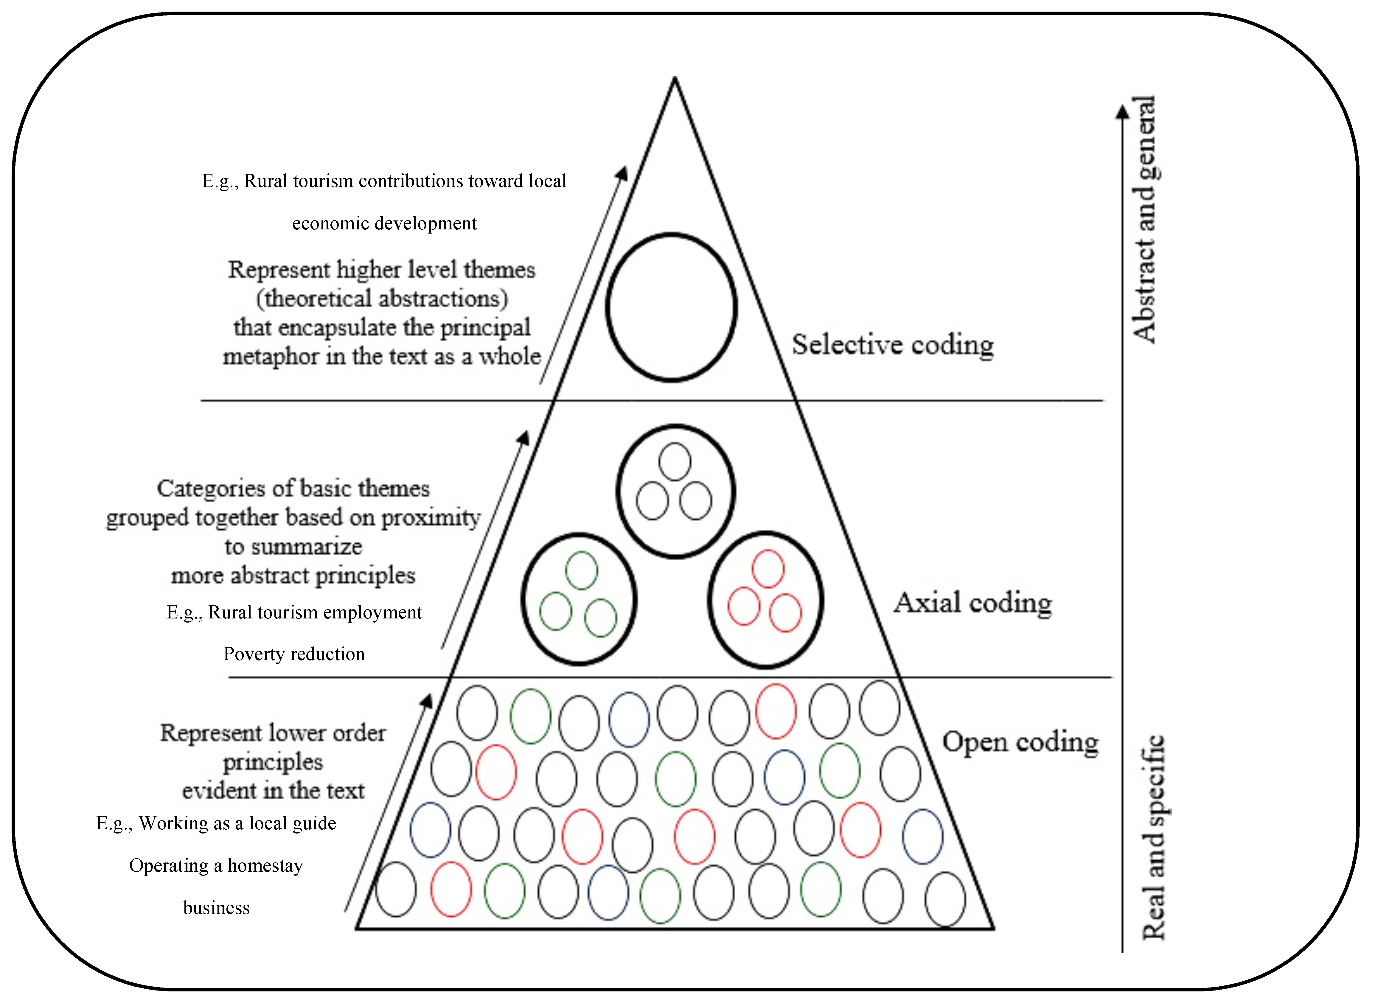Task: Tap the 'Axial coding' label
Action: click(972, 603)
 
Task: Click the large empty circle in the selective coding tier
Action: click(672, 307)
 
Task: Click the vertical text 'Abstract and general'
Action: click(1143, 219)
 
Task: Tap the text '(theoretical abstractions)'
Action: click(382, 298)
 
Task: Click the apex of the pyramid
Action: click(674, 79)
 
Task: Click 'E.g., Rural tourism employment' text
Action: click(294, 612)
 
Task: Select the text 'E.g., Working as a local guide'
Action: click(216, 823)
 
